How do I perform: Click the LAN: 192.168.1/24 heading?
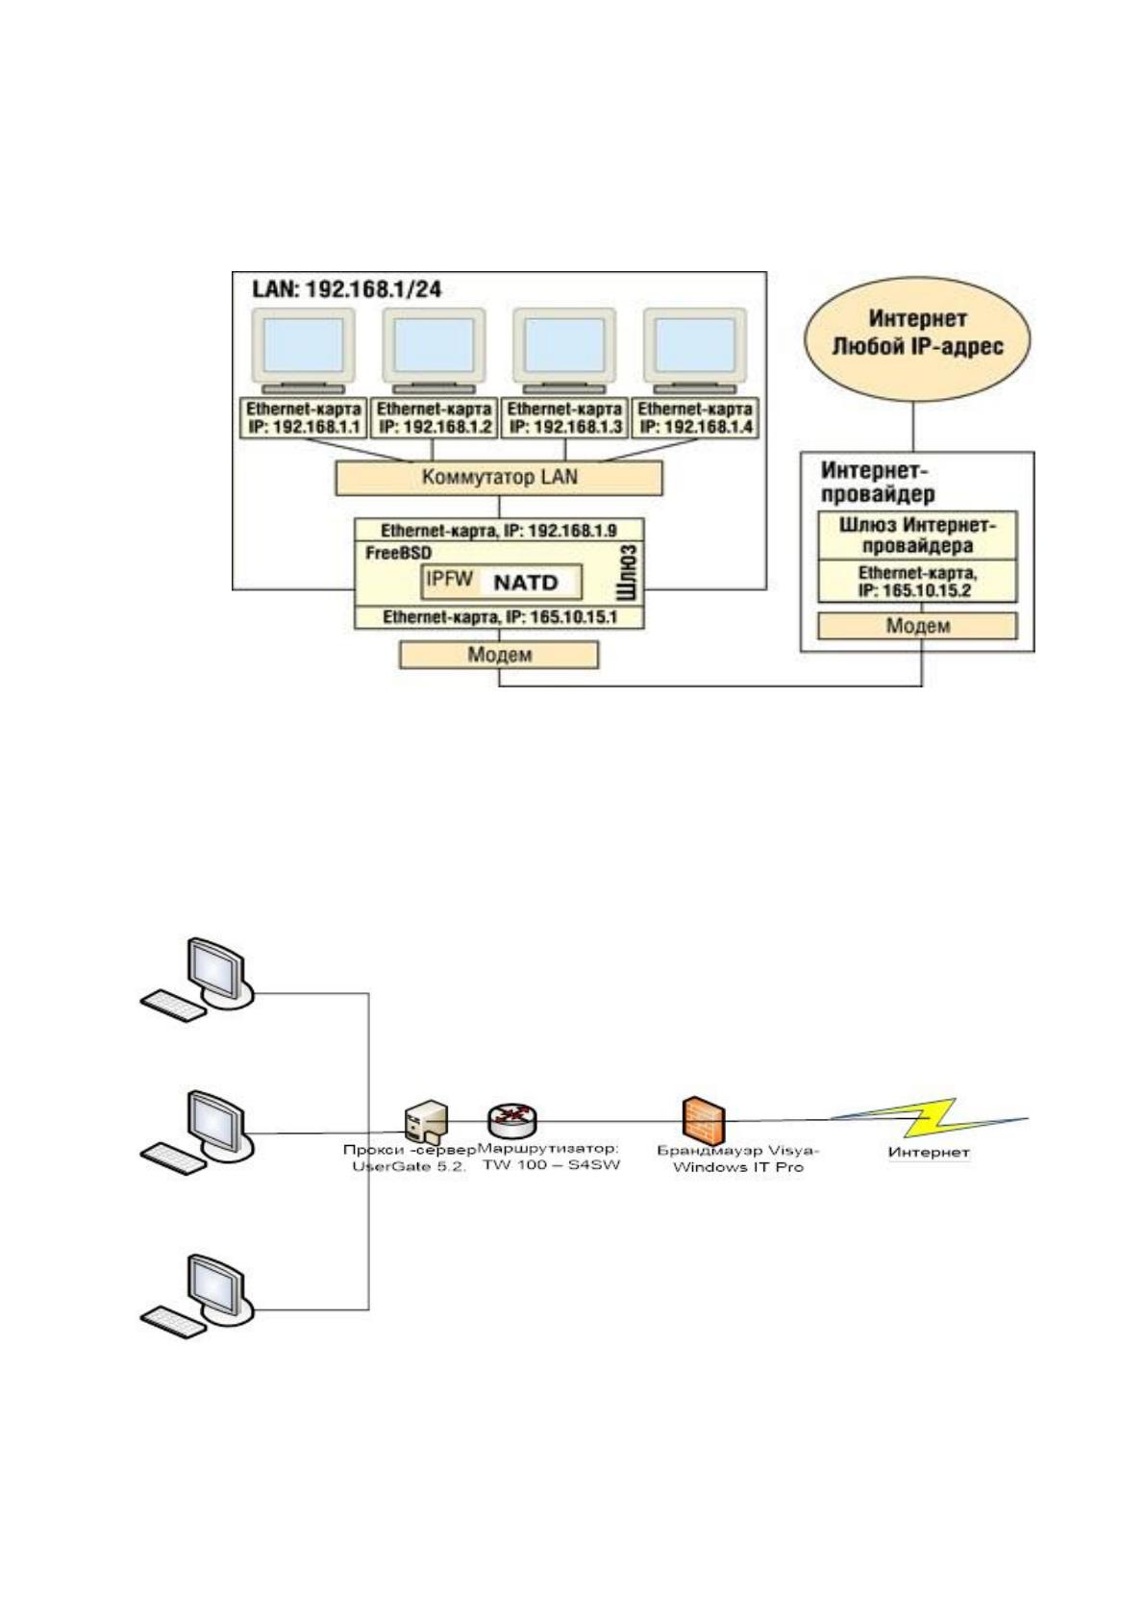(346, 289)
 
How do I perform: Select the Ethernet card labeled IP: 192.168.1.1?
(304, 418)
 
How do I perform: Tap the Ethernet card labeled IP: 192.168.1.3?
(564, 418)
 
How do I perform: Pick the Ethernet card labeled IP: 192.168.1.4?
(695, 418)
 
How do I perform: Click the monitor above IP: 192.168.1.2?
(433, 351)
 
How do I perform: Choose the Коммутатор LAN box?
(499, 478)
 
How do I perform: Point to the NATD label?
(526, 583)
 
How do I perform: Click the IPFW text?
(449, 579)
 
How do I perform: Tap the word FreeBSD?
(398, 554)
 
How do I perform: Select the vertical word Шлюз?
(629, 573)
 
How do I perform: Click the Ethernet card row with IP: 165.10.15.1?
(499, 617)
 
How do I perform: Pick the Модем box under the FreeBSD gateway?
(499, 655)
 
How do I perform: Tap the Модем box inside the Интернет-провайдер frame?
(917, 626)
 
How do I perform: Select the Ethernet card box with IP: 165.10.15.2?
(917, 582)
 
